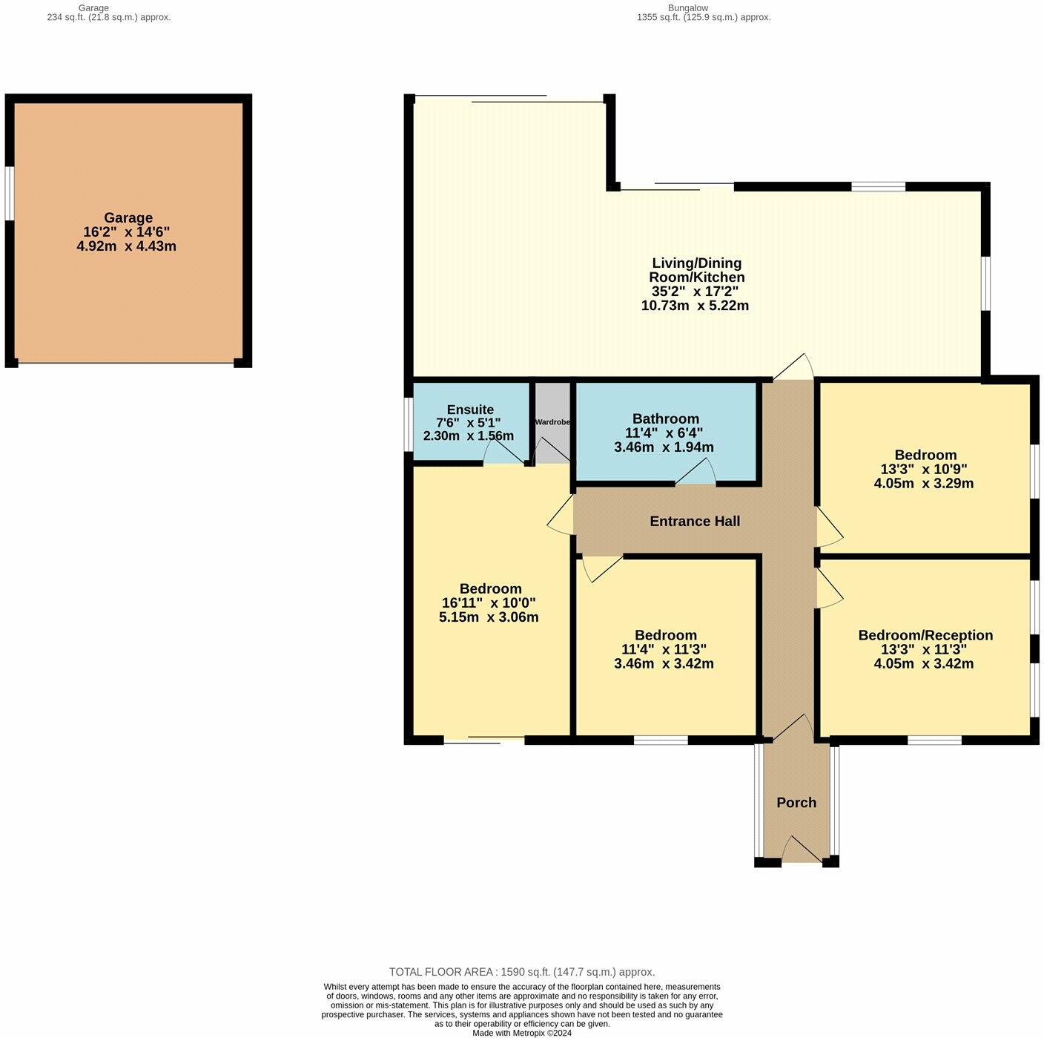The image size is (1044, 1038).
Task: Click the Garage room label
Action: pyautogui.click(x=128, y=217)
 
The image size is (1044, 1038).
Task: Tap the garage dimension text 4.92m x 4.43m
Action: pyautogui.click(x=127, y=246)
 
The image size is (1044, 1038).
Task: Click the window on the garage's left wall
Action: pyautogui.click(x=10, y=193)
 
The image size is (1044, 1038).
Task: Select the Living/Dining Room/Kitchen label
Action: pyautogui.click(x=696, y=270)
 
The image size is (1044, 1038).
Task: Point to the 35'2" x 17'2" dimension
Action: pyautogui.click(x=695, y=292)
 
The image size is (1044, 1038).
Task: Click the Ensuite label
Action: pyautogui.click(x=470, y=410)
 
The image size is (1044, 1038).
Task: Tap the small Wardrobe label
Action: pyautogui.click(x=552, y=422)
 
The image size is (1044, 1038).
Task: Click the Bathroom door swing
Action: pyautogui.click(x=696, y=473)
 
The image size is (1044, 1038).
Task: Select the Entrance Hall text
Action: pyautogui.click(x=695, y=521)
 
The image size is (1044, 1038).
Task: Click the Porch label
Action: pyautogui.click(x=796, y=802)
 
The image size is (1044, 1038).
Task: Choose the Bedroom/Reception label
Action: pyautogui.click(x=925, y=635)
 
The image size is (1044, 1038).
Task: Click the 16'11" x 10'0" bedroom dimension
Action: pyautogui.click(x=490, y=603)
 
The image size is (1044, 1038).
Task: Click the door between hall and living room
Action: pyautogui.click(x=793, y=368)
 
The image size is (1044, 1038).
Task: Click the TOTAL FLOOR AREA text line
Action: pyautogui.click(x=522, y=972)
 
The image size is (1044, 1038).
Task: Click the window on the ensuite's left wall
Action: pyautogui.click(x=409, y=424)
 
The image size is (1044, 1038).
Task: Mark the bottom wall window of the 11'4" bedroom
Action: pyautogui.click(x=661, y=740)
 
